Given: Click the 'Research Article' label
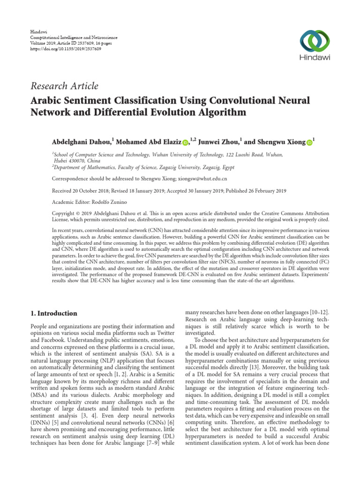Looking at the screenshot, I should point(64,86).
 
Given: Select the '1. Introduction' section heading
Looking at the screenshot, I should point(54,313).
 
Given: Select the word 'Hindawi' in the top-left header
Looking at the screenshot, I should point(38,31).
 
